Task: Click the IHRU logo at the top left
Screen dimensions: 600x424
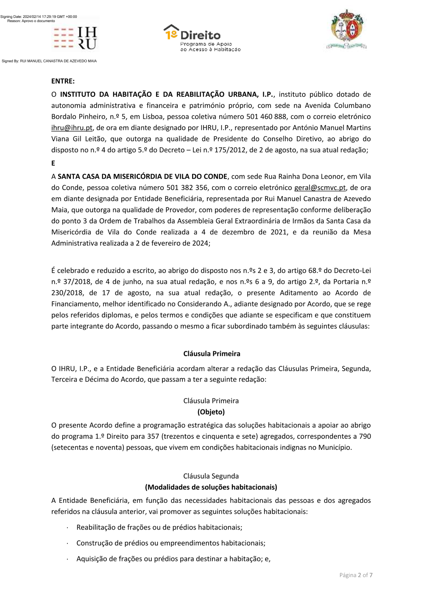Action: point(75,38)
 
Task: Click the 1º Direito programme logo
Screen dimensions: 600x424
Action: point(202,38)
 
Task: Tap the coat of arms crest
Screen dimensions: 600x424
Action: point(347,29)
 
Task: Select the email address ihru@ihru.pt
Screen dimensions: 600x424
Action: point(72,128)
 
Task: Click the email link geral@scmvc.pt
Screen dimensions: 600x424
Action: point(320,188)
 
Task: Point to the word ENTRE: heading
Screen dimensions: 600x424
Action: point(63,81)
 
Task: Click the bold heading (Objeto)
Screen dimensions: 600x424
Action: point(211,412)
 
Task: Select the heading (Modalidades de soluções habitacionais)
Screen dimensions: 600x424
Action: point(211,487)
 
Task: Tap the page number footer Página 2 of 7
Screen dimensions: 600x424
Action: point(356,575)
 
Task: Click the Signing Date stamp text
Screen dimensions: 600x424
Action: point(39,17)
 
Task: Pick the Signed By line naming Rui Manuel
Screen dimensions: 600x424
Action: point(49,61)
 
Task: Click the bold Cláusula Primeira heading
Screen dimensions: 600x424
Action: point(212,353)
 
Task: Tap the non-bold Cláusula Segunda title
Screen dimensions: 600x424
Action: point(211,476)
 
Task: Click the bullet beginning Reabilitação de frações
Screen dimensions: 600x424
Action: point(159,527)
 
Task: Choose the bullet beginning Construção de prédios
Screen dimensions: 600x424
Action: point(170,543)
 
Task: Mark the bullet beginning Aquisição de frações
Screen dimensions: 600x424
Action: point(173,559)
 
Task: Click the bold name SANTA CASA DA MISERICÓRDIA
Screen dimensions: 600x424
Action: point(142,177)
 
